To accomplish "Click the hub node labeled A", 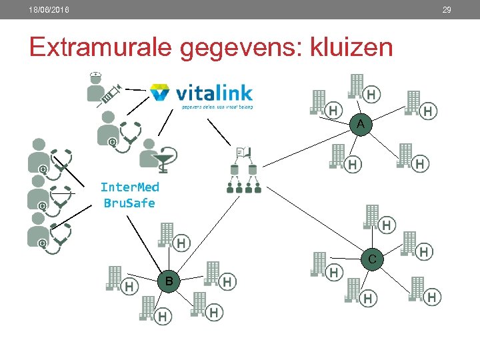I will [360, 124].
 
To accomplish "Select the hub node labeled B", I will [169, 281].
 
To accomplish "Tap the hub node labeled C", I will [372, 259].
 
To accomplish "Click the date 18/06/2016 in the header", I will [49, 9].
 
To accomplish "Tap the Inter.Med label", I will [129, 187].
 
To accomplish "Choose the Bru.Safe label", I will [129, 203].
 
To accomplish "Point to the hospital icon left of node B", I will [116, 279].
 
